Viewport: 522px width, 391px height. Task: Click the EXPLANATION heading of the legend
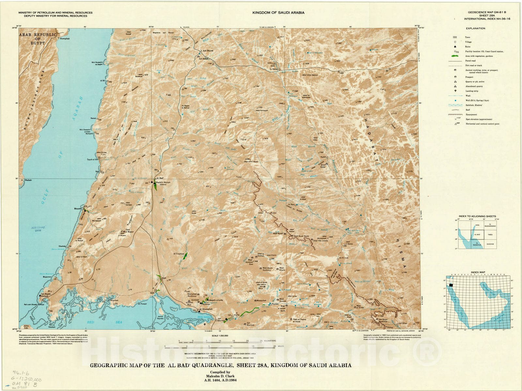pos(475,28)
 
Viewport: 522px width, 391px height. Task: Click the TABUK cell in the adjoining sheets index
pos(489,235)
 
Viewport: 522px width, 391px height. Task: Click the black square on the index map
pos(451,285)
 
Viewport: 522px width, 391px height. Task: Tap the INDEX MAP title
pos(478,272)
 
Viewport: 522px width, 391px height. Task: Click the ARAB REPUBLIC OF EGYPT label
pos(38,39)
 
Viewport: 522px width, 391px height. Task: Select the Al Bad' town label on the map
pos(160,178)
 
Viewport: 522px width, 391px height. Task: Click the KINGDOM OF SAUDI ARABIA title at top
pos(278,13)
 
